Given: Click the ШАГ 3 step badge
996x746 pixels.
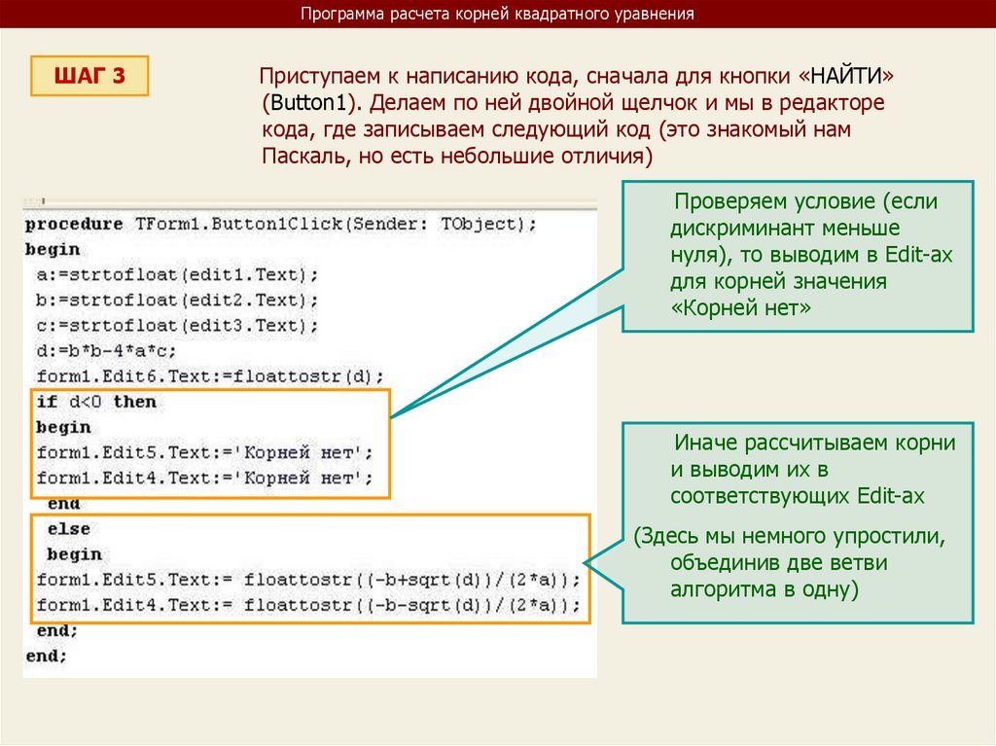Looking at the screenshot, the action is tap(89, 75).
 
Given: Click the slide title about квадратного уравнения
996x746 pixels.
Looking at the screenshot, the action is tap(497, 15).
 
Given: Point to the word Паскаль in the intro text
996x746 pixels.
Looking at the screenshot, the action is tap(298, 156).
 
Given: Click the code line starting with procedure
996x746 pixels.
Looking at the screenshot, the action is tap(280, 224).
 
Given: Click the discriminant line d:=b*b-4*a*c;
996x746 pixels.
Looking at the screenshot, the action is tap(106, 350).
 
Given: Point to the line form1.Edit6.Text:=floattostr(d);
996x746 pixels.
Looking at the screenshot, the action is tap(210, 375).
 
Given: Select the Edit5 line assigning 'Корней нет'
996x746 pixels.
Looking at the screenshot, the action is tap(204, 452).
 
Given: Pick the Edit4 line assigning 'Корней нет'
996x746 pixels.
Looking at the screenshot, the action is tap(204, 478).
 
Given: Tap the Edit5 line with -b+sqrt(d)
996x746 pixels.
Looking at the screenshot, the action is tap(307, 580).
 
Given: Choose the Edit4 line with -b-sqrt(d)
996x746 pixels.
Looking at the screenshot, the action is tap(307, 605).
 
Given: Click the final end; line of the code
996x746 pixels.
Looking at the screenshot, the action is tap(47, 656).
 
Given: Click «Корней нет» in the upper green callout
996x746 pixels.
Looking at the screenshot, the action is tap(740, 307).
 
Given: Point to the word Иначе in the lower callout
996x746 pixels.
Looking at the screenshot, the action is tap(705, 444).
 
